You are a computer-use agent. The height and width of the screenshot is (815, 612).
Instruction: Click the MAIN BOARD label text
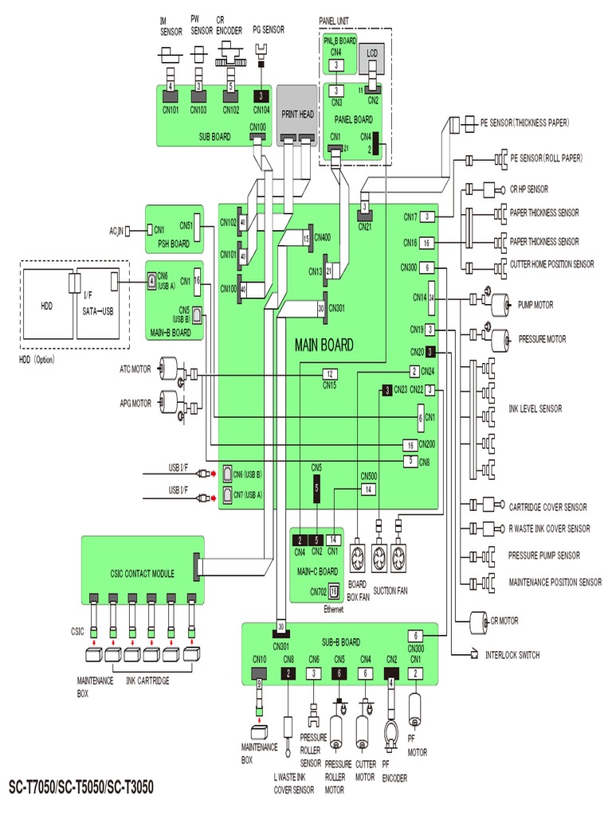pos(324,346)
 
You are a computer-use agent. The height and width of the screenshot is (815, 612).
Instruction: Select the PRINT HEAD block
pos(297,115)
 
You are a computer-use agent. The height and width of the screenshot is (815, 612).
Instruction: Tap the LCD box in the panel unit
pos(372,54)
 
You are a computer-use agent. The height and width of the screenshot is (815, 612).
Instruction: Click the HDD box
pos(45,305)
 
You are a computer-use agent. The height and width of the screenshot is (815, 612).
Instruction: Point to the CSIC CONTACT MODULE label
pos(142,573)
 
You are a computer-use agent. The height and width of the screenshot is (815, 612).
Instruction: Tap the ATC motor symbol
pos(169,369)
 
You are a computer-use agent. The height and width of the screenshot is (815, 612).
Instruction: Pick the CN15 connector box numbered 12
pos(329,374)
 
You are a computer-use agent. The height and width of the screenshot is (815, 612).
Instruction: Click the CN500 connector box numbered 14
pos(368,489)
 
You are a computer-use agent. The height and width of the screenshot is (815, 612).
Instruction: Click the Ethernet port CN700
pos(333,591)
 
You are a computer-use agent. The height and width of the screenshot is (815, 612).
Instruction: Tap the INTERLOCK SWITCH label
pos(512,655)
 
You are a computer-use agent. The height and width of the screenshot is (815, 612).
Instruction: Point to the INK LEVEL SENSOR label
pos(535,408)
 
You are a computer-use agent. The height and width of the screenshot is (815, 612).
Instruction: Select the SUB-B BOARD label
pos(341,641)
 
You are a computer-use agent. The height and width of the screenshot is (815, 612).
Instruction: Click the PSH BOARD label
pos(173,244)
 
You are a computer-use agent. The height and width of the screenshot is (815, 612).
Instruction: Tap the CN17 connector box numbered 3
pos(429,216)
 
